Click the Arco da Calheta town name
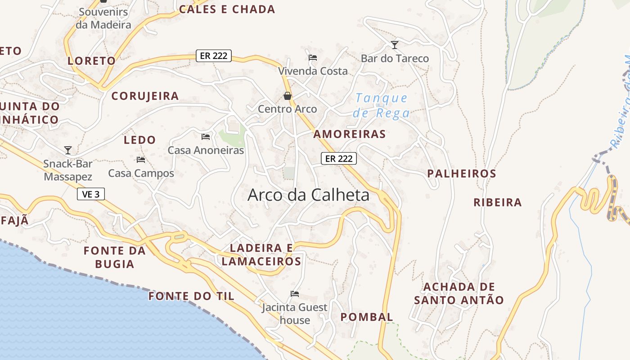[x=308, y=195]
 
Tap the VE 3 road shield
[x=91, y=194]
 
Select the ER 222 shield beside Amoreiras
[x=338, y=158]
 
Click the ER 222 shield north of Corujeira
[x=214, y=56]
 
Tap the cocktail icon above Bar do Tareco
[x=395, y=45]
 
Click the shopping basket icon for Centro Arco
[x=287, y=96]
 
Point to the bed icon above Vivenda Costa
[x=313, y=57]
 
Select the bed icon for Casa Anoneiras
[x=206, y=136]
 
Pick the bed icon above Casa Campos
[x=141, y=159]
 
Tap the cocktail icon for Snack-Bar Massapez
[x=68, y=150]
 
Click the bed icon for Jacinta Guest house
[x=295, y=294]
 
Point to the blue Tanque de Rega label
[x=381, y=105]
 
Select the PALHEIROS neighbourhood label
[x=461, y=174]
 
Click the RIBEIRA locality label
[x=497, y=202]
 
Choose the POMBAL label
[x=367, y=317]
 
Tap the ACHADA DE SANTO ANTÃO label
[x=459, y=293]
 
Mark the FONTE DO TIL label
[x=191, y=296]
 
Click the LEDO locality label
[x=139, y=140]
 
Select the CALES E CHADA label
[x=227, y=9]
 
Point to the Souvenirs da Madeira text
[x=103, y=18]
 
